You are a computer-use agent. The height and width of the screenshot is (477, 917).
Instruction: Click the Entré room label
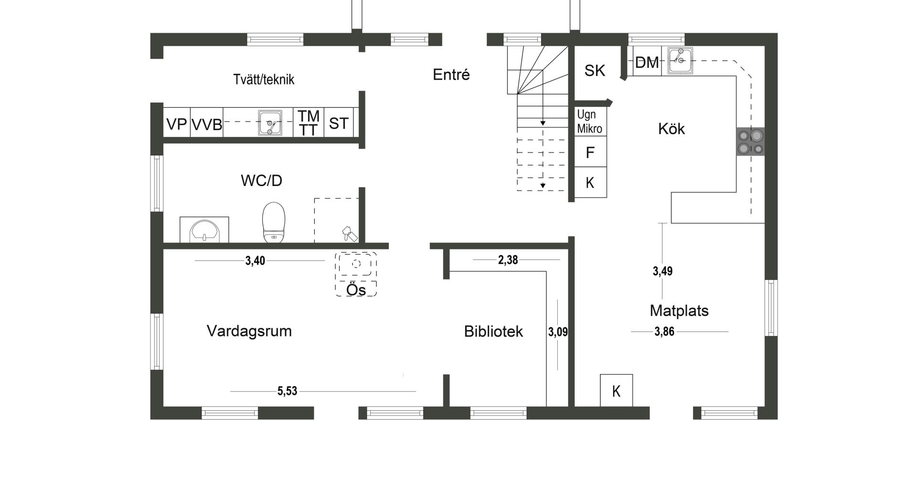451,74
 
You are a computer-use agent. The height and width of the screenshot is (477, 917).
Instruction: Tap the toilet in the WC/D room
274,222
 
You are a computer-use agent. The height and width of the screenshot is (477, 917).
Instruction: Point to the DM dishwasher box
647,62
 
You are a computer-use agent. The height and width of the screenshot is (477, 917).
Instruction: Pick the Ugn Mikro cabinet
590,121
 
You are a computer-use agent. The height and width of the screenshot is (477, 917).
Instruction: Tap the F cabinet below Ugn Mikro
590,152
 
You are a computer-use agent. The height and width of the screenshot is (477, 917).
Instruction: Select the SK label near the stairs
595,71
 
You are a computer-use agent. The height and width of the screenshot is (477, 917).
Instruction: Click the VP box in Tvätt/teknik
177,124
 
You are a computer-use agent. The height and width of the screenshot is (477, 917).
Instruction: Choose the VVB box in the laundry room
207,124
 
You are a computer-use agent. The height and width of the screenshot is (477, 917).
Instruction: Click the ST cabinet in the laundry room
339,123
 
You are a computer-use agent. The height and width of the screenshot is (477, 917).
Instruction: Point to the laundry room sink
270,123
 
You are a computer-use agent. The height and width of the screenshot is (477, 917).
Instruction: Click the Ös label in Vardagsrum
356,290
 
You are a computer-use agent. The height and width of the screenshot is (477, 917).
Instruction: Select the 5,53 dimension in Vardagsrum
288,391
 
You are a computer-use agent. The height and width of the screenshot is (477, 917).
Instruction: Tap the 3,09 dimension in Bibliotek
558,332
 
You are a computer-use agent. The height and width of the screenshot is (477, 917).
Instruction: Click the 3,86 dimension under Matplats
664,332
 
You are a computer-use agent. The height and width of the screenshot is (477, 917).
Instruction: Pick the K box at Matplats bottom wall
617,391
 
